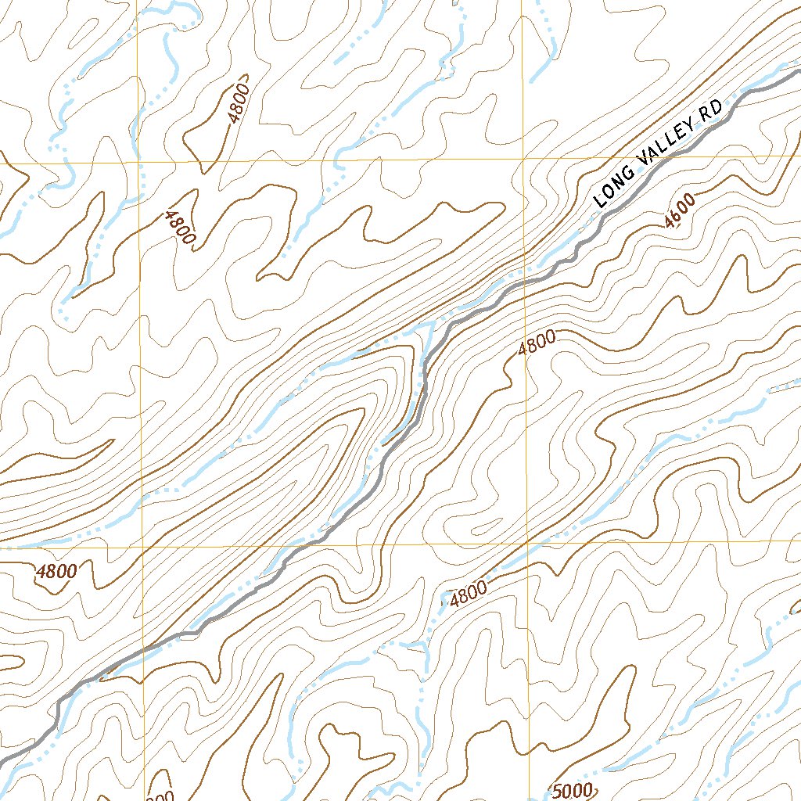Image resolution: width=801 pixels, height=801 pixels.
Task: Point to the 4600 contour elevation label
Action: [678, 210]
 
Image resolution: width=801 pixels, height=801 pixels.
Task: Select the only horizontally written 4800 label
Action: [56, 572]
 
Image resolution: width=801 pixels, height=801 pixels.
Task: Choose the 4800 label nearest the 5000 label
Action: [469, 594]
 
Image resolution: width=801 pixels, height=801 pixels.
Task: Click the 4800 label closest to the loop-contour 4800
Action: [178, 227]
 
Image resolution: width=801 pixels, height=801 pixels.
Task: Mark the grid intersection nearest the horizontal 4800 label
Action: [143, 545]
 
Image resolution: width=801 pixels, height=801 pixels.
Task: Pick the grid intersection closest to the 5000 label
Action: [528, 541]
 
